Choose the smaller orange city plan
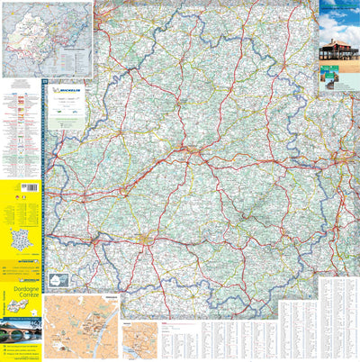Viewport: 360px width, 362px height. (x=139, y=341)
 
